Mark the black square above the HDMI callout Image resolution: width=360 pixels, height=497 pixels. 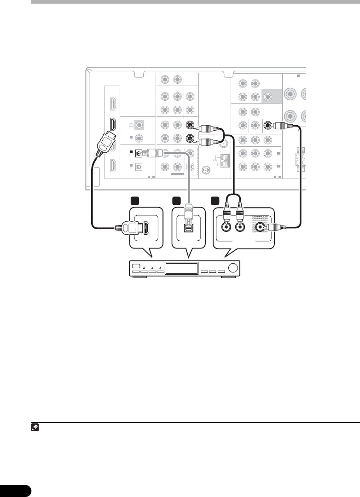(x=134, y=201)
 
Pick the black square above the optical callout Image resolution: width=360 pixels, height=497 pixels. (x=176, y=201)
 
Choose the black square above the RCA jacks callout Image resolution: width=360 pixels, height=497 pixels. (x=214, y=201)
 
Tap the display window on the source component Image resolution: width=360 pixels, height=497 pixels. (x=182, y=269)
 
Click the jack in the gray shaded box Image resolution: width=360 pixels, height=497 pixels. (x=268, y=97)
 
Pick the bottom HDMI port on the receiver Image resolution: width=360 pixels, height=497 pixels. (x=111, y=166)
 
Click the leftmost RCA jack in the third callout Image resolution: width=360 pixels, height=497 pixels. (x=226, y=227)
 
